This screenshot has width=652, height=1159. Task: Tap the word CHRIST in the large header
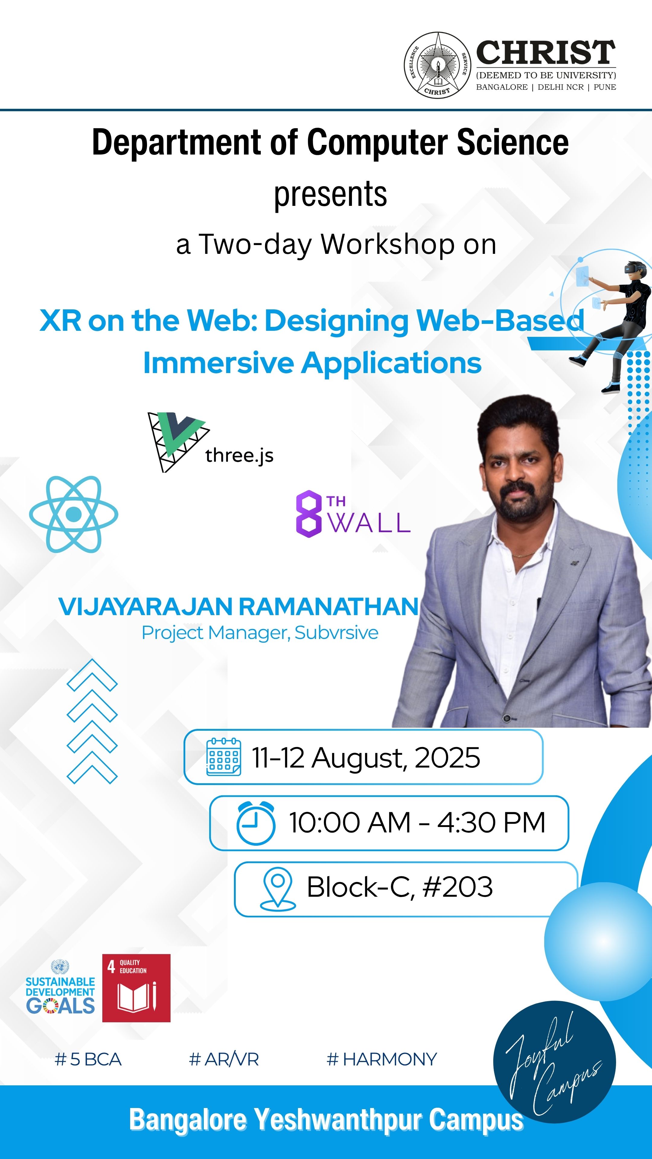pos(546,53)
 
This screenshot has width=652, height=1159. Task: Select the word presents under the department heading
pos(330,194)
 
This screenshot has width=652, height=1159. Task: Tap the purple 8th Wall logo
pos(353,514)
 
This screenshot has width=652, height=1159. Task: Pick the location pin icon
pos(278,889)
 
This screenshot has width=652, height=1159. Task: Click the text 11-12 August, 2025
pos(366,758)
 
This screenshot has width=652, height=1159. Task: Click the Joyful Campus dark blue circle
pos(555,1062)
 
